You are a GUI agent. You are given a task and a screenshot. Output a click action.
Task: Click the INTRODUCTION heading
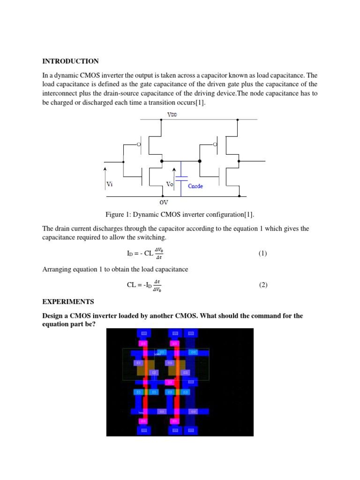click(70, 61)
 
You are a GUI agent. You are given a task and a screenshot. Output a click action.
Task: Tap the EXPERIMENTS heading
click(68, 301)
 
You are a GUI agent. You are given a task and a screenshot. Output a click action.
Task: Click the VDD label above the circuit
click(172, 114)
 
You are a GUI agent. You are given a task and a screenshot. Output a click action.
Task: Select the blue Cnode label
click(195, 186)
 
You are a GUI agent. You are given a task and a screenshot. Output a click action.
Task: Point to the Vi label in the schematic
click(110, 185)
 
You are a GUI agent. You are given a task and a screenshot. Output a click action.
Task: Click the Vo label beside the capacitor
click(170, 185)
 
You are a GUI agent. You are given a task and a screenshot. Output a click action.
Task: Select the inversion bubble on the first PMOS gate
click(139, 144)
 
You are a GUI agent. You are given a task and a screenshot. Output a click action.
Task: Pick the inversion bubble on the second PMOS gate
click(215, 144)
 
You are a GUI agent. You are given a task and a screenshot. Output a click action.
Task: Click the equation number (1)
click(262, 254)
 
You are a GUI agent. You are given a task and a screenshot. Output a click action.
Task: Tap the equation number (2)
click(262, 285)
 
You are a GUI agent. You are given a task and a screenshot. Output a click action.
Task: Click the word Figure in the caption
click(117, 215)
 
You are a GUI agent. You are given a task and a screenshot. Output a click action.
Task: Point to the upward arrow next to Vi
click(105, 176)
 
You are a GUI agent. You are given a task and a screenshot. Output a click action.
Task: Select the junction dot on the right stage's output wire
click(239, 161)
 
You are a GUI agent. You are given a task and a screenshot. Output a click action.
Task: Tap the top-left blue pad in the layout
click(144, 333)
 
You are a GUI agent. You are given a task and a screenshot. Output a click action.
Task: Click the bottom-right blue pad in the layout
click(190, 430)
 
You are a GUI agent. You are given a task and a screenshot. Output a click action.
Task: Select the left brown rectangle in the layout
click(145, 367)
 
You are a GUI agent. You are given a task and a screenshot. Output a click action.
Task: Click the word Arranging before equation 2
click(57, 269)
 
